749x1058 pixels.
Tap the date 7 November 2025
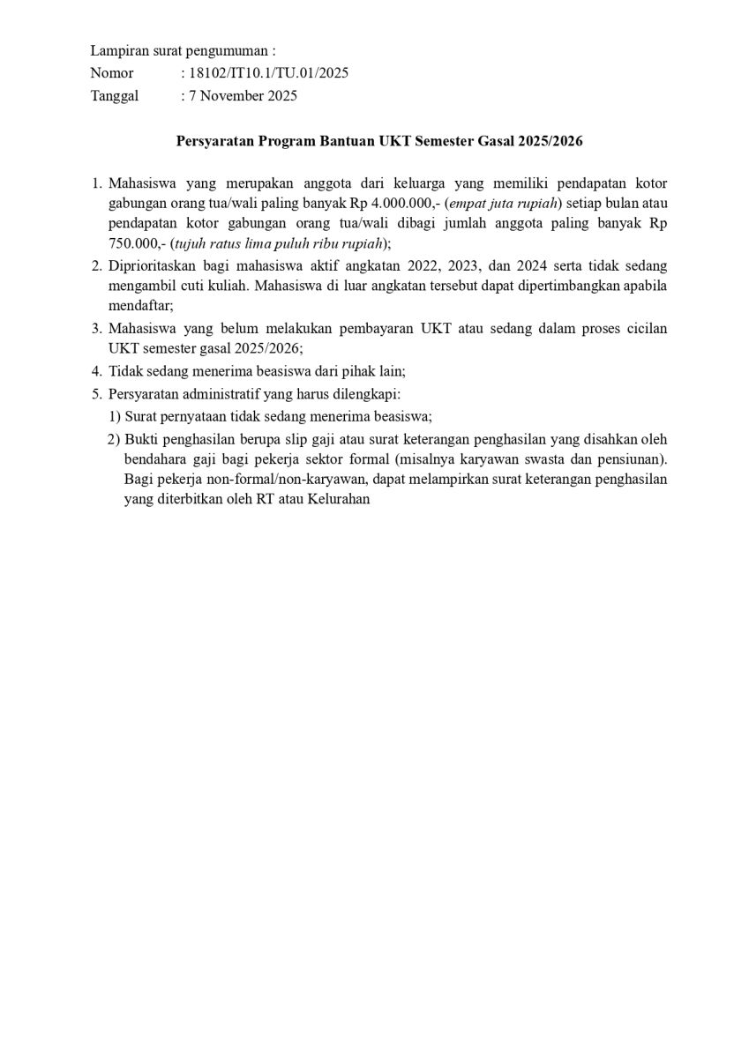[243, 95]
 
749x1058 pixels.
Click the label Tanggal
[115, 95]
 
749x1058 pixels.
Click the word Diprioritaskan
[154, 265]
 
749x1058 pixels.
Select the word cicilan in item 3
[643, 328]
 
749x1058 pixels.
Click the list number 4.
[97, 371]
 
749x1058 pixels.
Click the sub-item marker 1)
[115, 415]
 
